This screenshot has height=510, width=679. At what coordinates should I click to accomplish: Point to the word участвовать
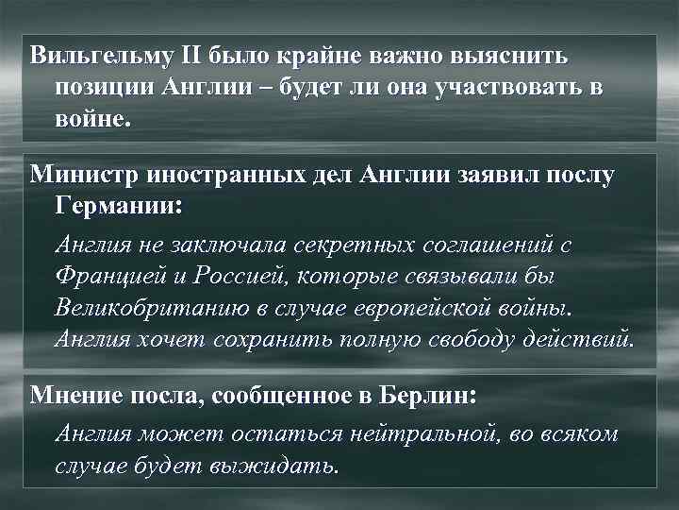tap(506, 87)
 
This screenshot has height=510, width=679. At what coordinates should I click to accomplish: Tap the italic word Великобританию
tap(155, 309)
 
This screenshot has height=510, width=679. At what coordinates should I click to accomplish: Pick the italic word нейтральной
tap(423, 434)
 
